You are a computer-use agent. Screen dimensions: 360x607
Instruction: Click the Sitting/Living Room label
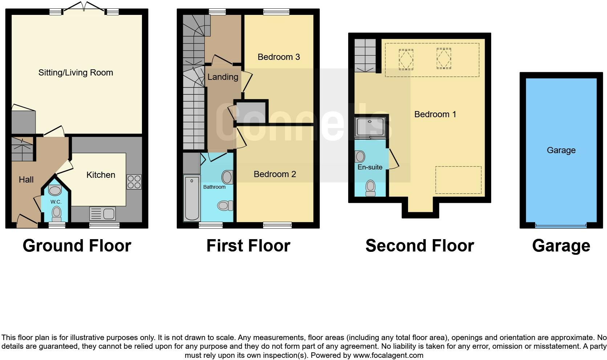[x=76, y=73]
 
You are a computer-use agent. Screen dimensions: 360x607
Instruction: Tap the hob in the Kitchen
[x=134, y=182]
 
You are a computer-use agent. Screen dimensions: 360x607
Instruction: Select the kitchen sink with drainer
[x=102, y=214]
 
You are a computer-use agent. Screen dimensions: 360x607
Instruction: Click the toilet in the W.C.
[x=57, y=213]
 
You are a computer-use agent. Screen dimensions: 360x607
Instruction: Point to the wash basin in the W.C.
[x=55, y=190]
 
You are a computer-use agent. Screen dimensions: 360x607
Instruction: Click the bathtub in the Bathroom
[x=192, y=198]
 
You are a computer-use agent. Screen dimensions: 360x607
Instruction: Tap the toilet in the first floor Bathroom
[x=225, y=206]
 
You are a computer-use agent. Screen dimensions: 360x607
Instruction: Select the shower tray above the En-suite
[x=370, y=127]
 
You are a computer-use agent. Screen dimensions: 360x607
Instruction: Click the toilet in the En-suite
[x=370, y=188]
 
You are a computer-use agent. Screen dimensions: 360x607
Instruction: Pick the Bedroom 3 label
[x=278, y=57]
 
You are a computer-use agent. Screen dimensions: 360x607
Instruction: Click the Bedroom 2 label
[x=274, y=174]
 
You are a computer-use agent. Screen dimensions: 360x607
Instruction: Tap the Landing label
[x=223, y=77]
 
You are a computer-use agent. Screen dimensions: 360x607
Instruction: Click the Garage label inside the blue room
[x=561, y=150]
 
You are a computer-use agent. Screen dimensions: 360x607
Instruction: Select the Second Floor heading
[x=419, y=246]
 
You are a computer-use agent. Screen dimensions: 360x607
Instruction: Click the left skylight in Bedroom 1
[x=406, y=59]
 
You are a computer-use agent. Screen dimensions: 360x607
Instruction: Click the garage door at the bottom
[x=561, y=226]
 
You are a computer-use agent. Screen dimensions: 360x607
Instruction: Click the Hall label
[x=26, y=180]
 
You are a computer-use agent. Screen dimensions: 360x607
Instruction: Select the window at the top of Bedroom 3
[x=276, y=12]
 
